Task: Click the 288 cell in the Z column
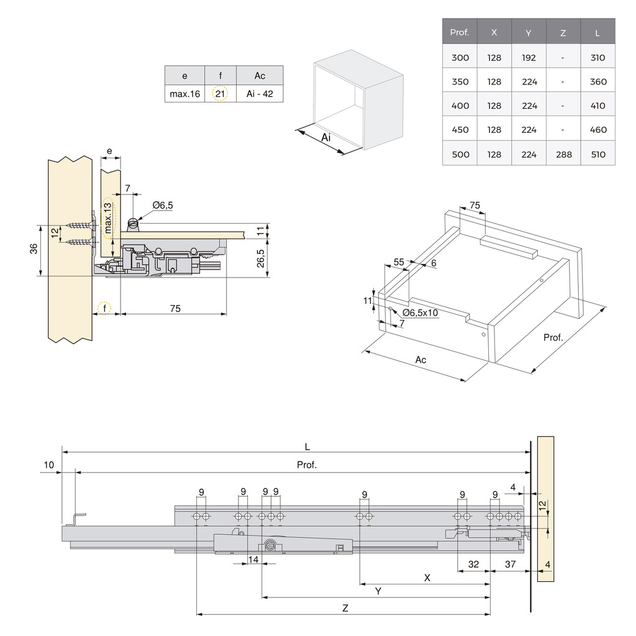click(x=563, y=154)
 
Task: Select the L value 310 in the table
click(x=598, y=58)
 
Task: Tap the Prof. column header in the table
click(x=460, y=32)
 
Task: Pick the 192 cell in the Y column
click(x=529, y=58)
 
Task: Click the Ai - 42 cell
click(x=260, y=94)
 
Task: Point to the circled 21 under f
click(x=220, y=94)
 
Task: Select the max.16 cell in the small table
click(x=184, y=94)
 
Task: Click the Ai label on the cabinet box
click(x=325, y=137)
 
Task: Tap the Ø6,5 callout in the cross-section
click(x=162, y=205)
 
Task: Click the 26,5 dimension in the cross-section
click(x=261, y=258)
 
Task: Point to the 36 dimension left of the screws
click(x=34, y=248)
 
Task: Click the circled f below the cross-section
click(x=105, y=309)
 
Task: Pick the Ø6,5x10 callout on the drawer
click(x=420, y=312)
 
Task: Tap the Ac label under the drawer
click(x=420, y=360)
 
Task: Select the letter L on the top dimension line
click(x=307, y=446)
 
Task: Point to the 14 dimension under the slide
click(x=253, y=560)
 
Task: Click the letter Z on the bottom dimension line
click(x=345, y=609)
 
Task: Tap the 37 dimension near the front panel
click(x=510, y=564)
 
